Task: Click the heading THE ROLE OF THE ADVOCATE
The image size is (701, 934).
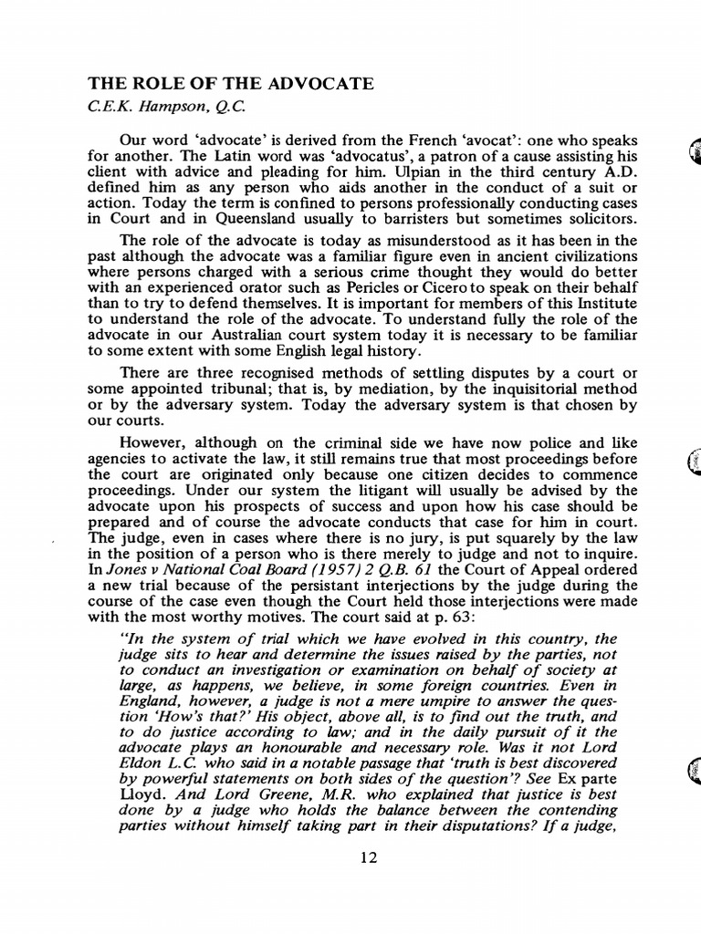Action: [x=230, y=84]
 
